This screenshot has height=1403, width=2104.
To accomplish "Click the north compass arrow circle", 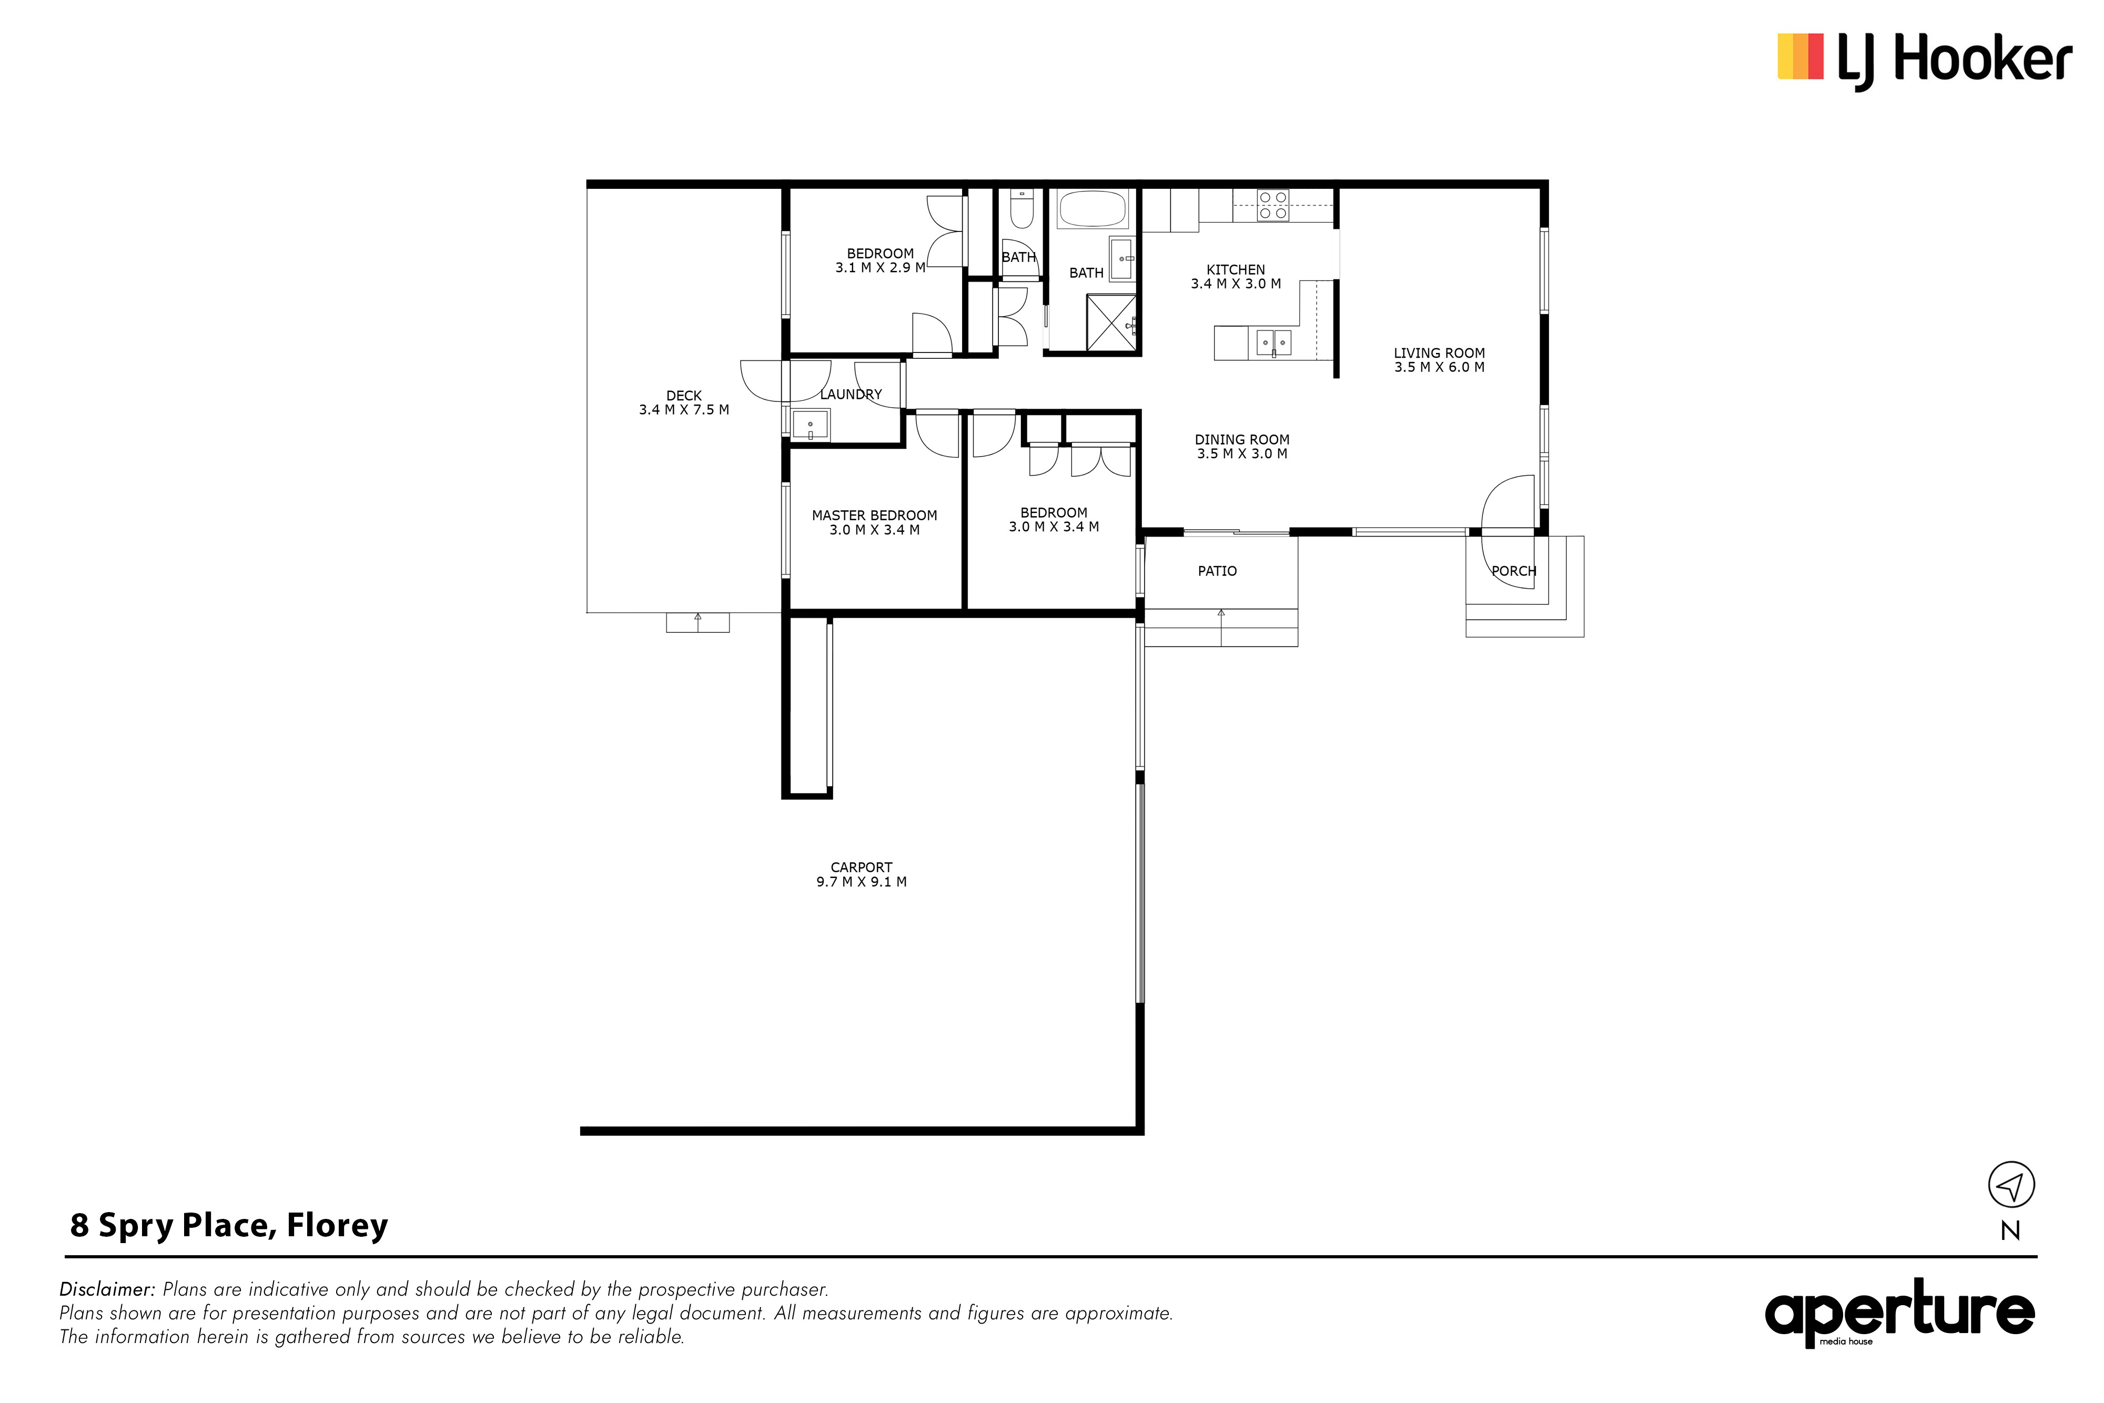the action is [x=2011, y=1186].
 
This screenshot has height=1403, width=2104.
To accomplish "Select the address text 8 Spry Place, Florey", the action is [x=229, y=1226].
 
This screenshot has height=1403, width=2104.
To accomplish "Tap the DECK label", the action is [x=684, y=396].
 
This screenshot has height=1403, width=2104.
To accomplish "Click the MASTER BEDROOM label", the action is [x=874, y=516].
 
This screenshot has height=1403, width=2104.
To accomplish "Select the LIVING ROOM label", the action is [x=1439, y=354].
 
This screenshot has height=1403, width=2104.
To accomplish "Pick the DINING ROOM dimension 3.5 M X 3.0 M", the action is [x=1242, y=453].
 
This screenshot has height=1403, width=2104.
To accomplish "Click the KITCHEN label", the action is [x=1236, y=269].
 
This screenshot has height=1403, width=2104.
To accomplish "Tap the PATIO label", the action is [x=1218, y=571].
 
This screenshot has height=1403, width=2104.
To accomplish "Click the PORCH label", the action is [x=1514, y=571].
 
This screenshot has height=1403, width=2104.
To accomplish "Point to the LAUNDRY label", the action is [x=851, y=395].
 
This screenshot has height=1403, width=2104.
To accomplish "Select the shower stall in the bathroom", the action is [x=1111, y=322].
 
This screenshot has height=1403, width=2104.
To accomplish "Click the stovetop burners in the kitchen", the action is [x=1273, y=205].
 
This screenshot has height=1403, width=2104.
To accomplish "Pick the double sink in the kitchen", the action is [x=1274, y=342].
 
